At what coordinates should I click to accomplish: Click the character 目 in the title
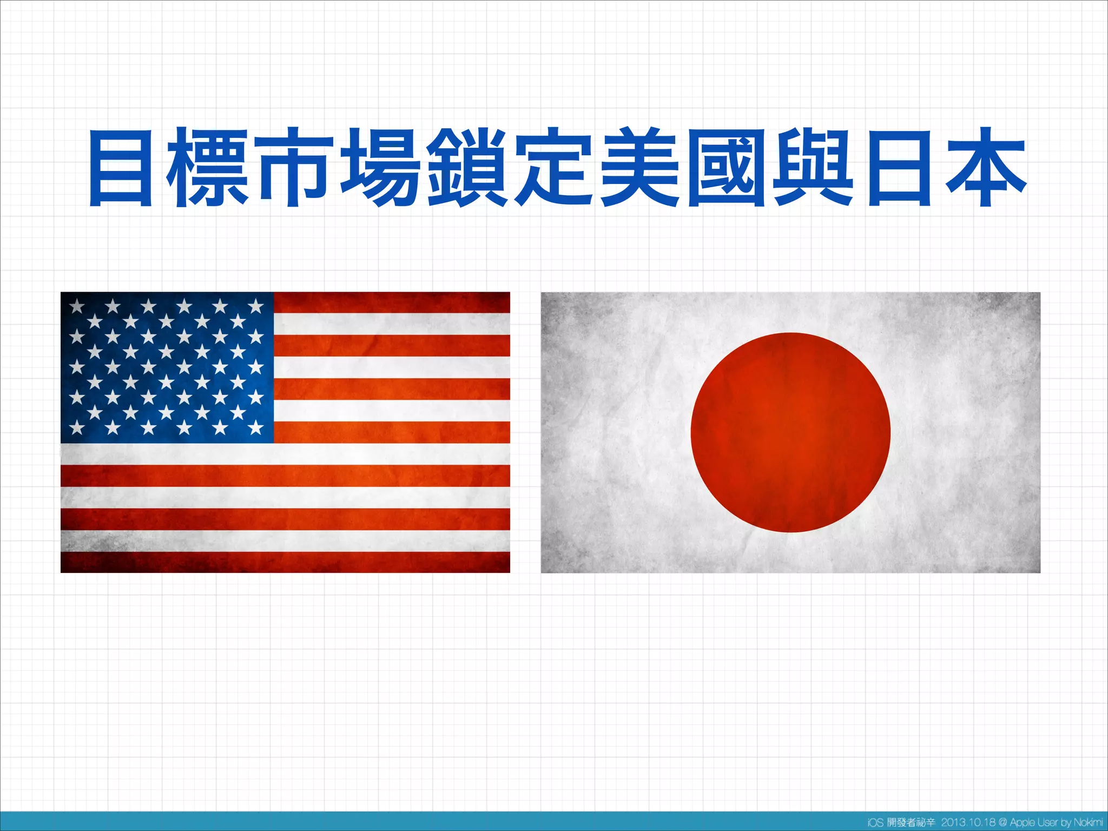(121, 168)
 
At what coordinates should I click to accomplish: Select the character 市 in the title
(294, 168)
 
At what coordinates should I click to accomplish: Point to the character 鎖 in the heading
(467, 168)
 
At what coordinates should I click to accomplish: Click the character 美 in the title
(640, 168)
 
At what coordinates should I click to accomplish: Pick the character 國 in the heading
(727, 168)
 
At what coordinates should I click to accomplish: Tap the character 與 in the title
(813, 168)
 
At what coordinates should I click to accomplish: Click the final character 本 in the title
(986, 168)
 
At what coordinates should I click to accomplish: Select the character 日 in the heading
(900, 168)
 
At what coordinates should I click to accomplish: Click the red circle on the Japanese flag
(790, 432)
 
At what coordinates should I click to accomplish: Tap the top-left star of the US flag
(77, 307)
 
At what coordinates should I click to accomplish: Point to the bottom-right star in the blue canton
(255, 428)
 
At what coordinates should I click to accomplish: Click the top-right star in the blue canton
(255, 307)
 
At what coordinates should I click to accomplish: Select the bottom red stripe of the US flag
(285, 562)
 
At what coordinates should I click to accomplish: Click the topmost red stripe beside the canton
(391, 302)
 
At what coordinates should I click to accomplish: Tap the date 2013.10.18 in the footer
(968, 822)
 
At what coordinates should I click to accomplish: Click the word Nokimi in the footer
(1088, 822)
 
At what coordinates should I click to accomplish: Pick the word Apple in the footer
(1022, 822)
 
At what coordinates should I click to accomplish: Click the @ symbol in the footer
(1003, 822)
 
